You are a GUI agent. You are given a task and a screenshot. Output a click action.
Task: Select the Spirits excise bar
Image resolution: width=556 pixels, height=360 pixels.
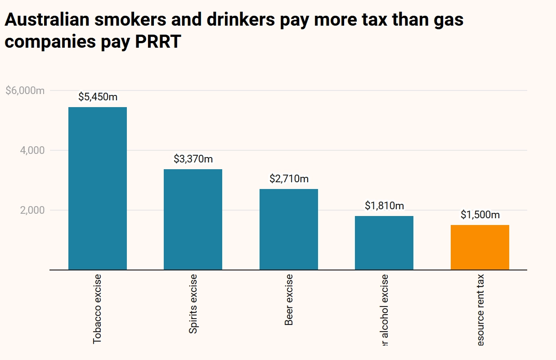[193, 219]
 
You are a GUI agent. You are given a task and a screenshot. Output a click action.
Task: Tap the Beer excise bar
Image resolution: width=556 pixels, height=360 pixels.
[289, 229]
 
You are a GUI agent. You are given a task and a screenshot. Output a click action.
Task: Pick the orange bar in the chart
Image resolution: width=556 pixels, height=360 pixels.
[480, 247]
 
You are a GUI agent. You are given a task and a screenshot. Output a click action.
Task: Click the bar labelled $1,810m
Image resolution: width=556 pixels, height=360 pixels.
[384, 243]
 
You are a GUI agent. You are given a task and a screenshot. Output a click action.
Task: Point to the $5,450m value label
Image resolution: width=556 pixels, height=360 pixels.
[98, 97]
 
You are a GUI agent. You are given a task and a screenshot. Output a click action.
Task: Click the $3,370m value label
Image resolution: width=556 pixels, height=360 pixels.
[193, 159]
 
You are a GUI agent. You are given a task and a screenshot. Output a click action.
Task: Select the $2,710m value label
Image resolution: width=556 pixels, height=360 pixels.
[289, 179]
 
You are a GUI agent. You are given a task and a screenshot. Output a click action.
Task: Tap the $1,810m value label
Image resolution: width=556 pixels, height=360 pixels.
[384, 206]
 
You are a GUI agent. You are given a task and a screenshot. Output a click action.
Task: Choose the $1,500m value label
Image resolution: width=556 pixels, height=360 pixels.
[480, 215]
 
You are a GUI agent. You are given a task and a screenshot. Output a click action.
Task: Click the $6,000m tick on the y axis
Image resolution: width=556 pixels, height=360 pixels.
[25, 90]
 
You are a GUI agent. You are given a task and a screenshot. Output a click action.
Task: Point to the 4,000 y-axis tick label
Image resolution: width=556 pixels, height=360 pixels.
[32, 150]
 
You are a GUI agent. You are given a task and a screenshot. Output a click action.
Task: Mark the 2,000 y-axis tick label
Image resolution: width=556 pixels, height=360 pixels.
[32, 210]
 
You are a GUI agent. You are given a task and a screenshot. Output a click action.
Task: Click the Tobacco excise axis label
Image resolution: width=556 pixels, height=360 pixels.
[98, 308]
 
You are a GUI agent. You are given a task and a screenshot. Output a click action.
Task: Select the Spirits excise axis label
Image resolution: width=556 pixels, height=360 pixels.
[193, 304]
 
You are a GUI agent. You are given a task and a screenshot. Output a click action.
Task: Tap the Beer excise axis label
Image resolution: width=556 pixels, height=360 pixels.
[289, 299]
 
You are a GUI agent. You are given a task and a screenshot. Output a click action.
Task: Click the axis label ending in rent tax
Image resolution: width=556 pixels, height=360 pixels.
[480, 310]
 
